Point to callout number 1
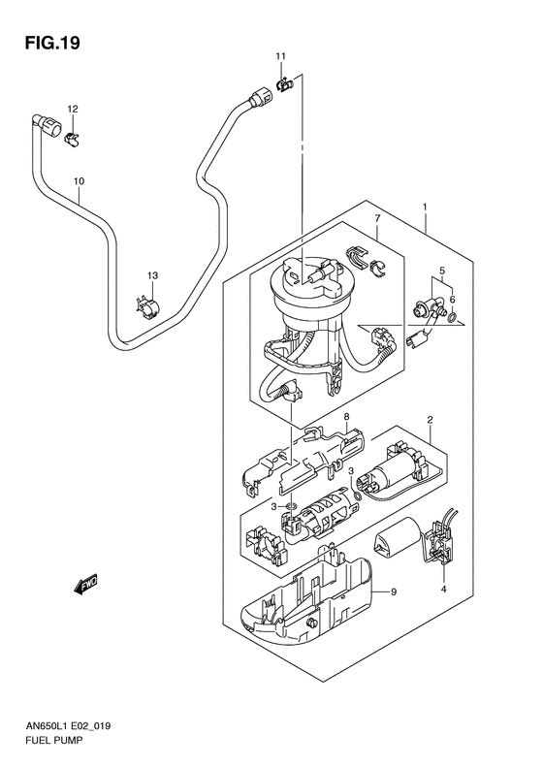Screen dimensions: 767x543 click(x=424, y=208)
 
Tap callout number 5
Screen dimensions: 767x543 click(x=441, y=272)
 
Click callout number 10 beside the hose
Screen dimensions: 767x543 click(x=79, y=181)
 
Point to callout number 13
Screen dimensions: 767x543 click(x=151, y=277)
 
